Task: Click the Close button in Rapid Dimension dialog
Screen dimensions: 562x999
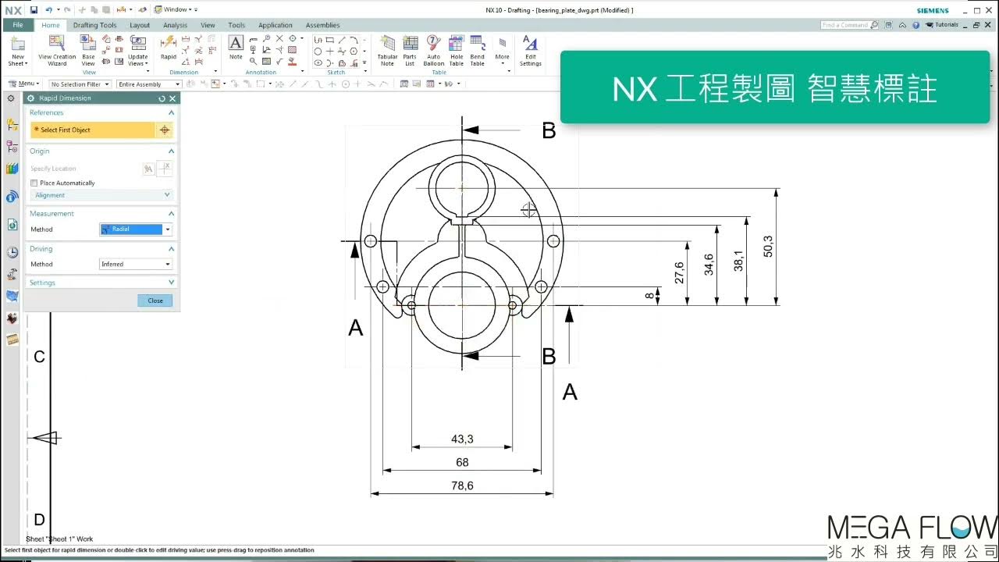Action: (155, 301)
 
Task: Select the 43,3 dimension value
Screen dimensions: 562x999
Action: (462, 439)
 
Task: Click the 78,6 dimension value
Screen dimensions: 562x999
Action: (462, 486)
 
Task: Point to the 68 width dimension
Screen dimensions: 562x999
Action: (462, 462)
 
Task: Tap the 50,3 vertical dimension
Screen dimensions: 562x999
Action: (768, 246)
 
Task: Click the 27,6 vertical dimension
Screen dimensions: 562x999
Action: (679, 273)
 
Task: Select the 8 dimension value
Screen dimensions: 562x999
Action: (649, 296)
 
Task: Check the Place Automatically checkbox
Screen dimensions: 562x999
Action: (34, 183)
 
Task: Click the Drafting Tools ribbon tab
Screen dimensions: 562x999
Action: (94, 25)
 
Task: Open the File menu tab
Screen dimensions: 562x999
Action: (17, 25)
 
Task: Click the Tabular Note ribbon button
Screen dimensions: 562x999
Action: (387, 51)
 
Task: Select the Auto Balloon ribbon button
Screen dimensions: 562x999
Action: (434, 51)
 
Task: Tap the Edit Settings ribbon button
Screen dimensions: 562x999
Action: (531, 51)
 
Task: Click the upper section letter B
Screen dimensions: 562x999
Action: (549, 131)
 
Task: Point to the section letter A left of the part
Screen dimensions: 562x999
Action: (356, 329)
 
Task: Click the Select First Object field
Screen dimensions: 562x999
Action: (93, 130)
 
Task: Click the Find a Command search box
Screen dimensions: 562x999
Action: (846, 25)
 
